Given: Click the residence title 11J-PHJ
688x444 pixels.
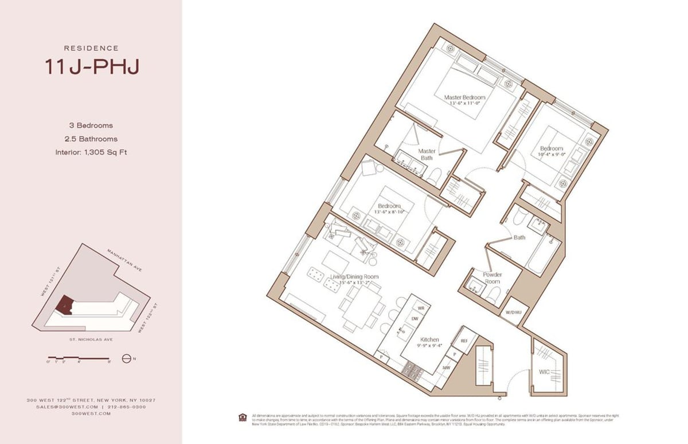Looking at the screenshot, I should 92,66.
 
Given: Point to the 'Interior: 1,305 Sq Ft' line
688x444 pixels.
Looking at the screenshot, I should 91,152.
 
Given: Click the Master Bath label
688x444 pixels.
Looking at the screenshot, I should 427,154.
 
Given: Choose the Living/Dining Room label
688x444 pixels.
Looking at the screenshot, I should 354,280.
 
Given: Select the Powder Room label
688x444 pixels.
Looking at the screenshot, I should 492,278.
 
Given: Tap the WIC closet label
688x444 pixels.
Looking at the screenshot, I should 544,372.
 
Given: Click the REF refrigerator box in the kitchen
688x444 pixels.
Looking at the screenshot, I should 464,340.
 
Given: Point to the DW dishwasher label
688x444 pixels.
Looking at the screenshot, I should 414,319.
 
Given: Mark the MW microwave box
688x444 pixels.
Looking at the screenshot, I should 445,367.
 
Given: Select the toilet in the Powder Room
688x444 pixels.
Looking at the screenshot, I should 494,294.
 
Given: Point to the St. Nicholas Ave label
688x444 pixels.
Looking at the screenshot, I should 91,339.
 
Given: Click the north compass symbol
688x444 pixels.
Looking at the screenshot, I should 127,360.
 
